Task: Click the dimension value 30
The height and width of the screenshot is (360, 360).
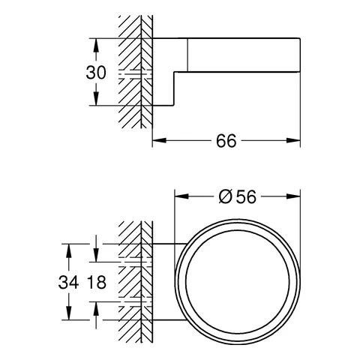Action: click(96, 73)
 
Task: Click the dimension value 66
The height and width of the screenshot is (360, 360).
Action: click(226, 141)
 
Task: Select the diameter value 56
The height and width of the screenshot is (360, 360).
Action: click(246, 196)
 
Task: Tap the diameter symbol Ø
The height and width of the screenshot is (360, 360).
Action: click(224, 196)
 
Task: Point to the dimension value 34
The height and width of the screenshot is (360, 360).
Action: click(68, 282)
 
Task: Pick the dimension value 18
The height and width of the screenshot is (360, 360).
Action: click(97, 282)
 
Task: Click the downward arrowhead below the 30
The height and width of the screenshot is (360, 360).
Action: click(96, 99)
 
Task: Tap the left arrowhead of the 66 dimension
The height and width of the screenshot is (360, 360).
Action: click(159, 140)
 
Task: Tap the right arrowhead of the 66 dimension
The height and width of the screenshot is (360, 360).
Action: click(293, 140)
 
